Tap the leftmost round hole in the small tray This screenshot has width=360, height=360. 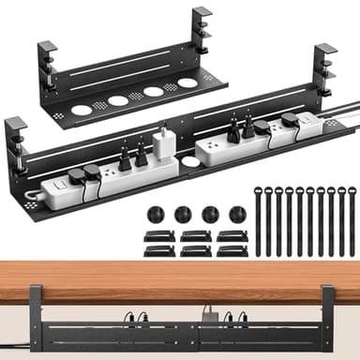point(82,109)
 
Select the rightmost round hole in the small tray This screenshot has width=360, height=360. point(187,82)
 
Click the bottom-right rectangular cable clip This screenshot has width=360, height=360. point(232,250)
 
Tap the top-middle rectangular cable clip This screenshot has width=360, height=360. point(195,234)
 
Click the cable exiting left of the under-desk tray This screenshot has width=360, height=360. point(13,330)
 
